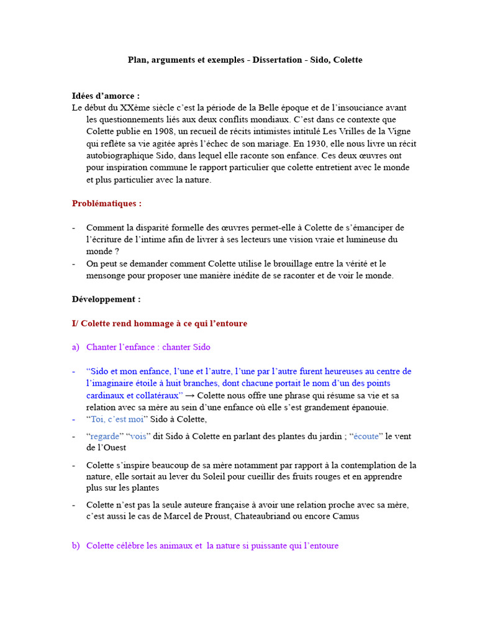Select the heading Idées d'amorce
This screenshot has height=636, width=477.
click(106, 96)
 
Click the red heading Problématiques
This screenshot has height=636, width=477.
click(107, 203)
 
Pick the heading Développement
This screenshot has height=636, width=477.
click(106, 299)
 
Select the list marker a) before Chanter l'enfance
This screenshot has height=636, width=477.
click(76, 347)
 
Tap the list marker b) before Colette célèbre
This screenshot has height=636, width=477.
click(76, 546)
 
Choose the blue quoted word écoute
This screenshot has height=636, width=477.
click(366, 436)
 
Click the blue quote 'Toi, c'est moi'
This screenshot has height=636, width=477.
click(116, 419)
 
